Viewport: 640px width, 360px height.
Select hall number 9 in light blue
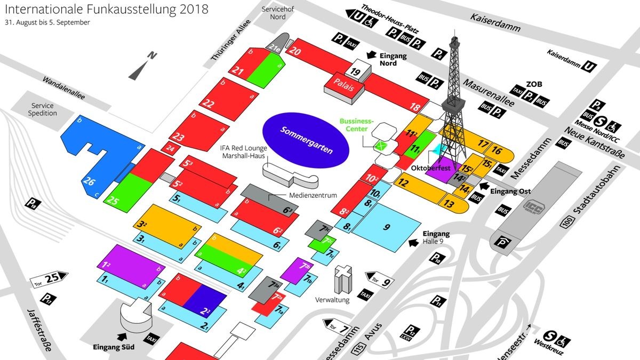(387, 227)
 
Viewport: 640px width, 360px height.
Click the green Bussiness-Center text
(357, 124)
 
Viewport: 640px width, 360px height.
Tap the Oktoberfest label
(431, 168)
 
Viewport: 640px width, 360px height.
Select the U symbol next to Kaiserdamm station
(589, 66)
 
